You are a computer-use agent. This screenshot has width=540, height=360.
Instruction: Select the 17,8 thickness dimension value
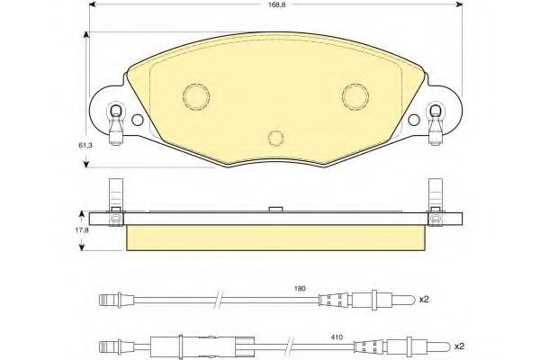(82, 230)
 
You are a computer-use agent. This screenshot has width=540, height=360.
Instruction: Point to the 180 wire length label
(300, 289)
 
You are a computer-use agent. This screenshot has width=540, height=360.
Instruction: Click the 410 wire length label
(337, 337)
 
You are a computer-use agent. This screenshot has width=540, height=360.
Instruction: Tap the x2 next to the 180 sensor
(424, 300)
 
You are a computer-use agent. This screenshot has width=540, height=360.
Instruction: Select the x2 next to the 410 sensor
(459, 346)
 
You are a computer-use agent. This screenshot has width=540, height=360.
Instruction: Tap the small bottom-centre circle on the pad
(276, 138)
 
